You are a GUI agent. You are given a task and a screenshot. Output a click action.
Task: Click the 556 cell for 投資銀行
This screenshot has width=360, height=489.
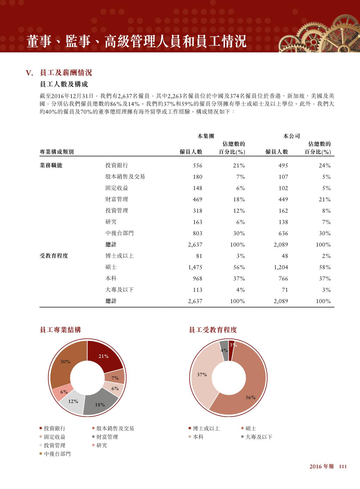pyautogui.click(x=197, y=166)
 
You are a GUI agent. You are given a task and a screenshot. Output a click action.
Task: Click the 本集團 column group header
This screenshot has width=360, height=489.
pyautogui.click(x=206, y=136)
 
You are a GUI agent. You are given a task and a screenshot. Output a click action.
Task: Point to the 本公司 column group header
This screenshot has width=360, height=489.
pyautogui.click(x=291, y=136)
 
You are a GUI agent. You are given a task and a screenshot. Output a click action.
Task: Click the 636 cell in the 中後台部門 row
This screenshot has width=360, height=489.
pyautogui.click(x=283, y=233)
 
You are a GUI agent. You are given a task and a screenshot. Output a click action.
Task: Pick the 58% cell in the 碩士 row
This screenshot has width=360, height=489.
pyautogui.click(x=324, y=267)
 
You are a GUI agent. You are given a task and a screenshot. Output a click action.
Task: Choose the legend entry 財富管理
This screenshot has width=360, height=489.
pyautogui.click(x=107, y=437)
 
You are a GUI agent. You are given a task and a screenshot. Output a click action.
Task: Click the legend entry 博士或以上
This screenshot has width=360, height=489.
pyautogui.click(x=206, y=428)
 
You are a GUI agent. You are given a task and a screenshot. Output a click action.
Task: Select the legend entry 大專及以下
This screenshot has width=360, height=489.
pyautogui.click(x=259, y=437)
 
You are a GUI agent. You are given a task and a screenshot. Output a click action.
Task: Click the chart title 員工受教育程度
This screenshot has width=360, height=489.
pyautogui.click(x=213, y=330)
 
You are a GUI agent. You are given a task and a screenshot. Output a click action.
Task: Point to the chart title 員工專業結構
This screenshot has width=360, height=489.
pyautogui.click(x=60, y=330)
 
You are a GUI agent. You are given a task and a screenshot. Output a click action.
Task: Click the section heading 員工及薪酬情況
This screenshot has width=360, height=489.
pyautogui.click(x=66, y=73)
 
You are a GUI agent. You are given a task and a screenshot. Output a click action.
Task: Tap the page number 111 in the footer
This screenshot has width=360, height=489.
pyautogui.click(x=342, y=467)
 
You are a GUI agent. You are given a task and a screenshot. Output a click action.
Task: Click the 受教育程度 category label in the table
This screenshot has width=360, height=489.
pyautogui.click(x=54, y=256)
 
